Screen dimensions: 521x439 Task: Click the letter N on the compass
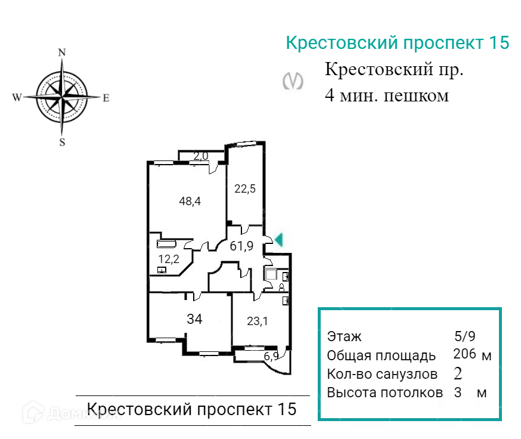point(61,52)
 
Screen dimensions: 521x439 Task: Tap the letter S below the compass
point(61,142)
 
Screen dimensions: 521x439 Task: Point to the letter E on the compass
point(106,98)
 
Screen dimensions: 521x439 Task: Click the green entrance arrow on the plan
point(278,240)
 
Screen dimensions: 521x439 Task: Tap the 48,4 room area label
point(190,201)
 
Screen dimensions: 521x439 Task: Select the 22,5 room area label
point(244,188)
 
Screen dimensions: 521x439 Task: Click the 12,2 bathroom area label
point(168,258)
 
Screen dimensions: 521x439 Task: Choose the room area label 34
point(195,319)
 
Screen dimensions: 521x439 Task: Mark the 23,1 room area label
point(258,321)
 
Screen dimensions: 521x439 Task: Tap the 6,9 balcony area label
point(271,357)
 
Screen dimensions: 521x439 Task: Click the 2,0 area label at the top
point(201,156)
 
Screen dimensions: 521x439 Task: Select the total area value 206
point(464,354)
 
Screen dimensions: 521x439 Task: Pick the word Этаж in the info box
point(344,337)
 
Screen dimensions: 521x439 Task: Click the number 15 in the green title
point(498,43)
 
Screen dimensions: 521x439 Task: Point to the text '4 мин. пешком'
point(386,95)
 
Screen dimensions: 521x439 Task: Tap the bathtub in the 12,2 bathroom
point(167,244)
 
